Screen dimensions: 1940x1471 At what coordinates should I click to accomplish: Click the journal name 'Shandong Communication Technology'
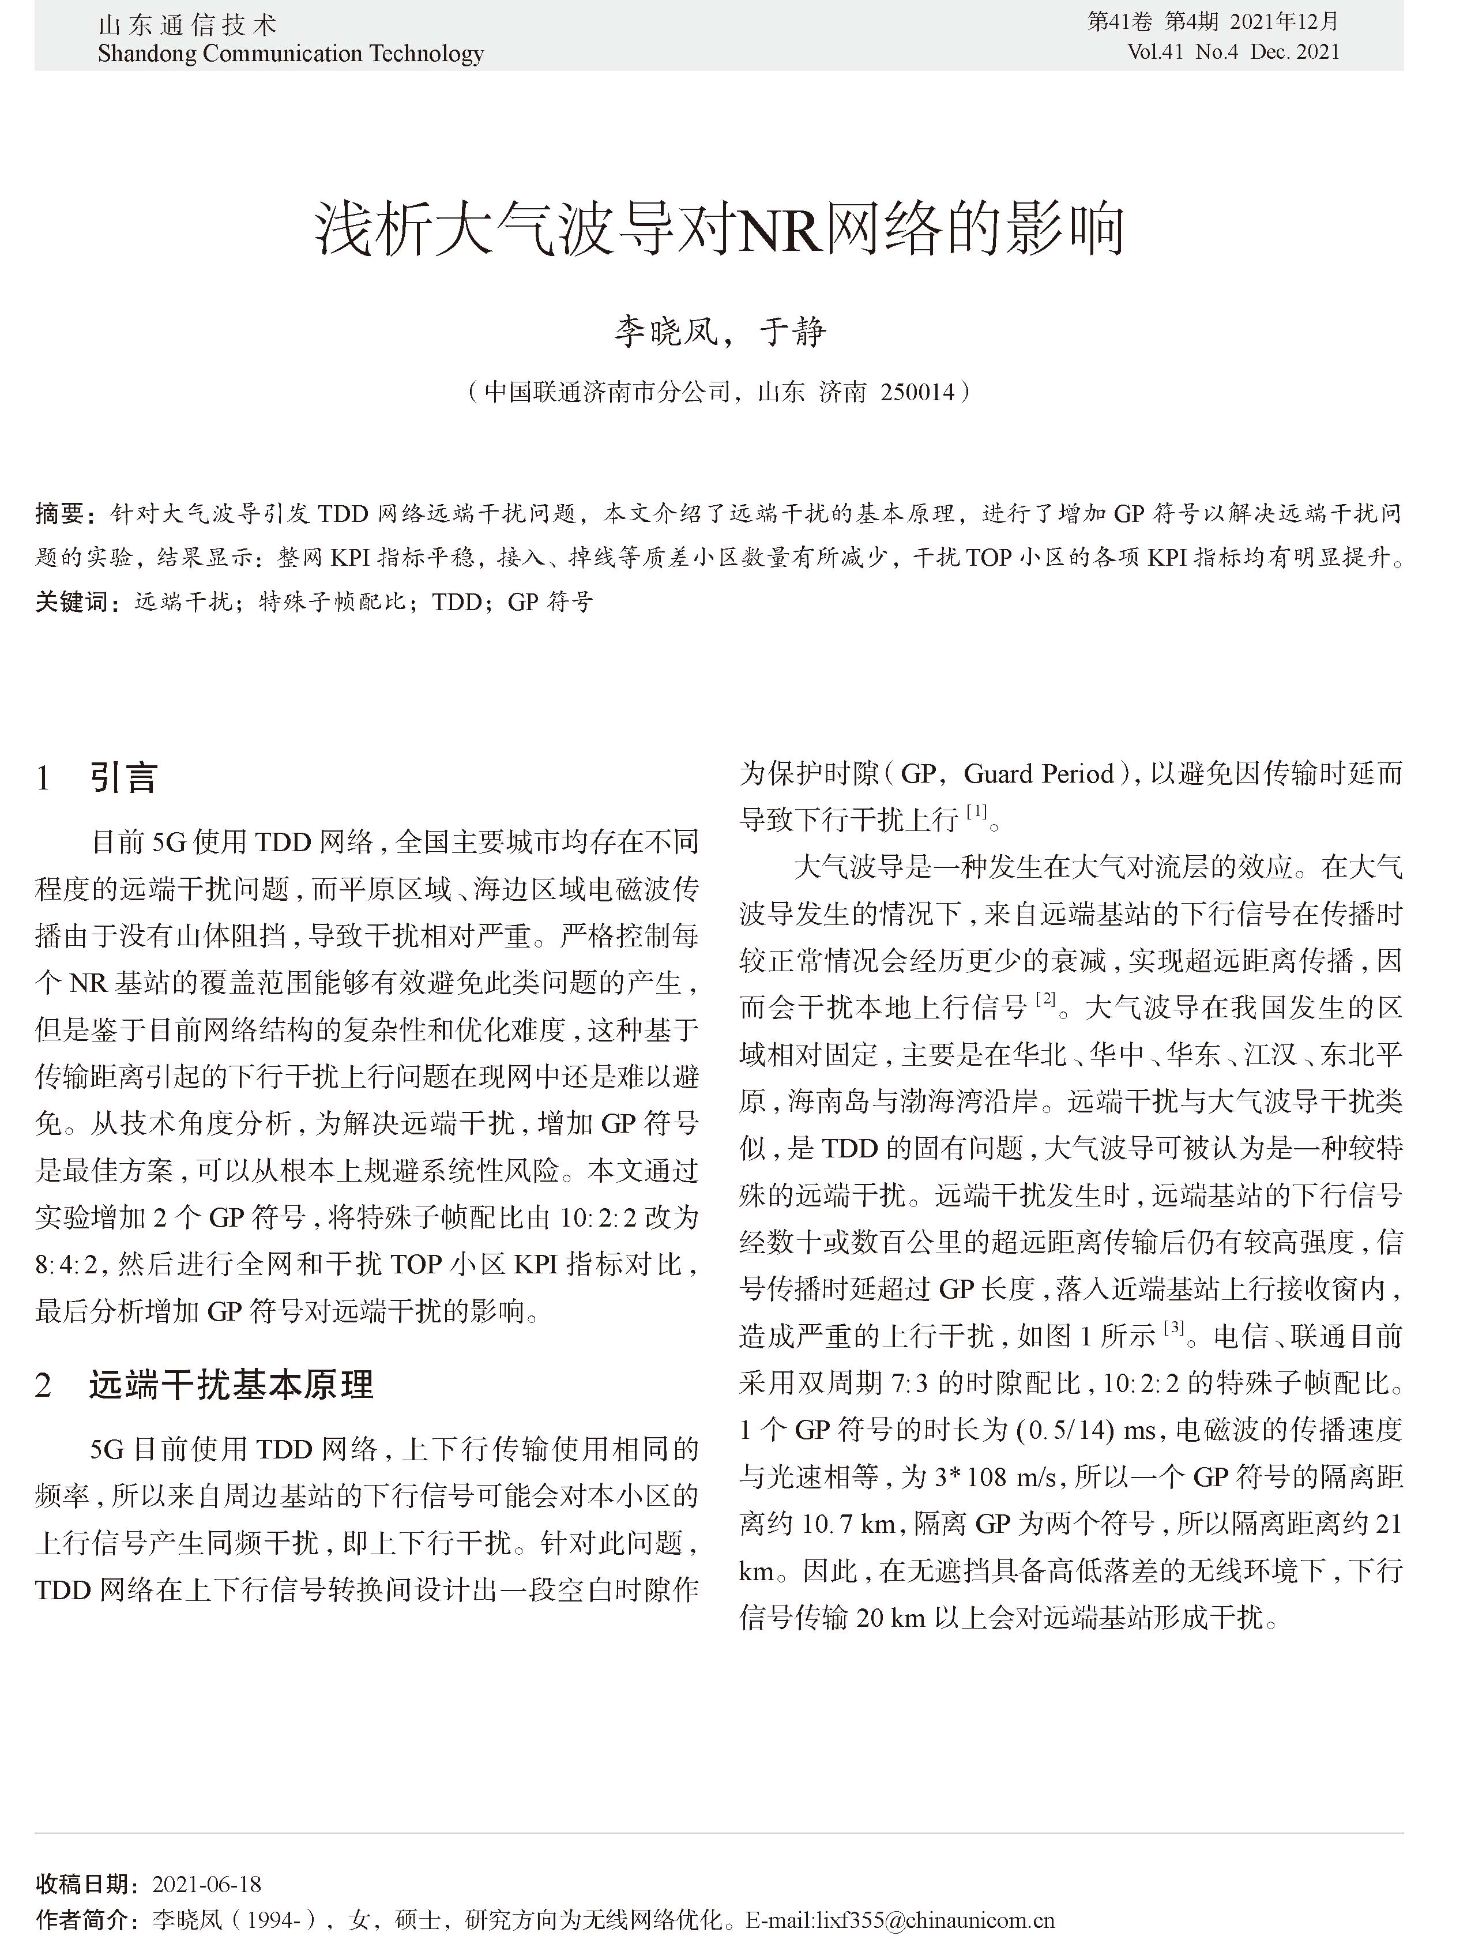(x=291, y=54)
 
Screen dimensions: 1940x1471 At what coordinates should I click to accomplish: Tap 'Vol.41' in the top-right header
(x=1157, y=52)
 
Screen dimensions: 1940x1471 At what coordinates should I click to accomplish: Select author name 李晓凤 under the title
(x=664, y=332)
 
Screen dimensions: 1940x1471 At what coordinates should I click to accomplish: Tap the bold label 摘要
(x=59, y=513)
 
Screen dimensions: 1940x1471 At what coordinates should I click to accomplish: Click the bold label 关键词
(x=73, y=601)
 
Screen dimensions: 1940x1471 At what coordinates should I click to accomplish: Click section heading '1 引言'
(x=96, y=777)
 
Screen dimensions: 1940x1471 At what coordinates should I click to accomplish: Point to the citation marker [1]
(x=976, y=812)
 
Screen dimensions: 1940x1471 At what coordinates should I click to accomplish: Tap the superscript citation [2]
(x=1045, y=999)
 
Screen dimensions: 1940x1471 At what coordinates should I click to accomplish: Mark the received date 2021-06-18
(x=207, y=1884)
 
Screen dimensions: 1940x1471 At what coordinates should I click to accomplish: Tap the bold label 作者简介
(x=84, y=1919)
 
